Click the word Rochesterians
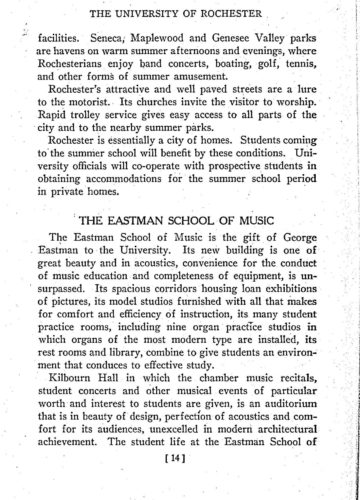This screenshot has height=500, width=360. pos(88,75)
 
